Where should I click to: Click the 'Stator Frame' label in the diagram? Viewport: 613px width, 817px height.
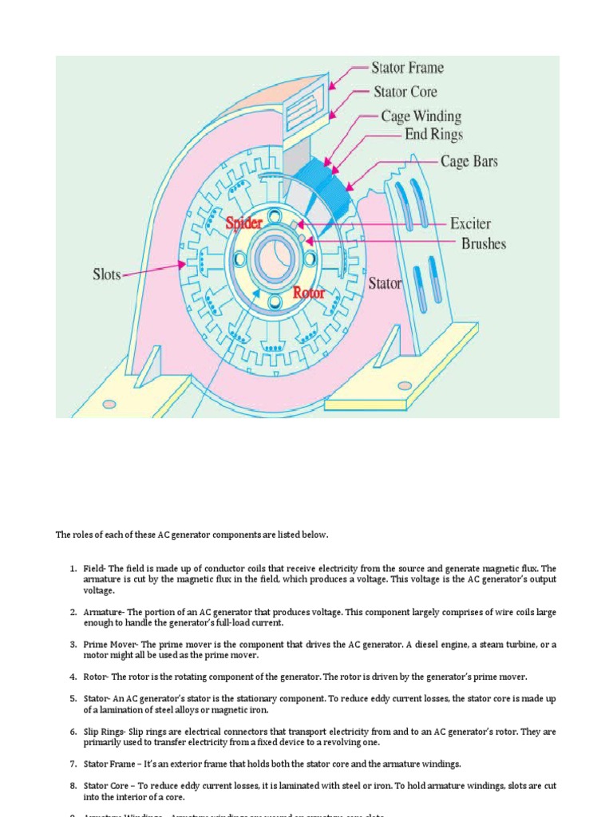pyautogui.click(x=407, y=67)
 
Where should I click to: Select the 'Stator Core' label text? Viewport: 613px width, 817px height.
pyautogui.click(x=405, y=91)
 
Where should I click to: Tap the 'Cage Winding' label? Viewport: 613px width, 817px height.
pyautogui.click(x=421, y=116)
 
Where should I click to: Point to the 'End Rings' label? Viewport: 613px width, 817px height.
pyautogui.click(x=433, y=134)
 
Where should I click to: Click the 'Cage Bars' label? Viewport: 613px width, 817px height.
pyautogui.click(x=469, y=161)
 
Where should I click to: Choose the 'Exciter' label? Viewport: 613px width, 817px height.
pyautogui.click(x=470, y=224)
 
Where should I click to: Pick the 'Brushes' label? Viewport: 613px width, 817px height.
pyautogui.click(x=483, y=243)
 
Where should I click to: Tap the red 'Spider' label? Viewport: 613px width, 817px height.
pyautogui.click(x=243, y=223)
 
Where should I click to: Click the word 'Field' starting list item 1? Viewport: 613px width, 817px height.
pyautogui.click(x=94, y=568)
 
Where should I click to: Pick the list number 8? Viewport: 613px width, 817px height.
pyautogui.click(x=73, y=786)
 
